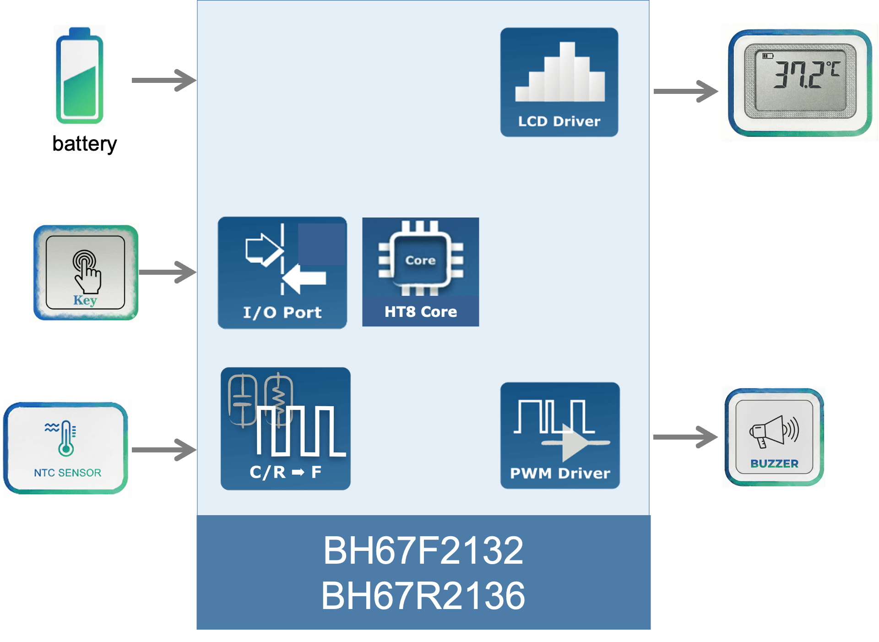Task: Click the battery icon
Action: click(79, 76)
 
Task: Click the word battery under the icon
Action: click(85, 144)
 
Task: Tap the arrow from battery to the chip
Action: click(164, 80)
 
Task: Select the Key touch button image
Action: click(85, 272)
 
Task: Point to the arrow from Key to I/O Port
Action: click(168, 272)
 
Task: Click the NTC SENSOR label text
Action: click(67, 473)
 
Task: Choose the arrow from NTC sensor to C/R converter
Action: click(164, 450)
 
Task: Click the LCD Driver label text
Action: click(559, 121)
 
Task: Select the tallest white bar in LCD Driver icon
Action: click(567, 71)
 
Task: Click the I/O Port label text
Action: click(282, 312)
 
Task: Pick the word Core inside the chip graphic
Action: click(420, 260)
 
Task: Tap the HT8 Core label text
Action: click(420, 312)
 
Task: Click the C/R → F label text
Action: click(285, 472)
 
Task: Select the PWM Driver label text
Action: click(559, 473)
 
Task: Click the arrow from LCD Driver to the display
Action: click(685, 91)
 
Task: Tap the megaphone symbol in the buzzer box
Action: click(774, 431)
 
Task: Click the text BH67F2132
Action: click(423, 550)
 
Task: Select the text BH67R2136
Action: click(423, 596)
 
